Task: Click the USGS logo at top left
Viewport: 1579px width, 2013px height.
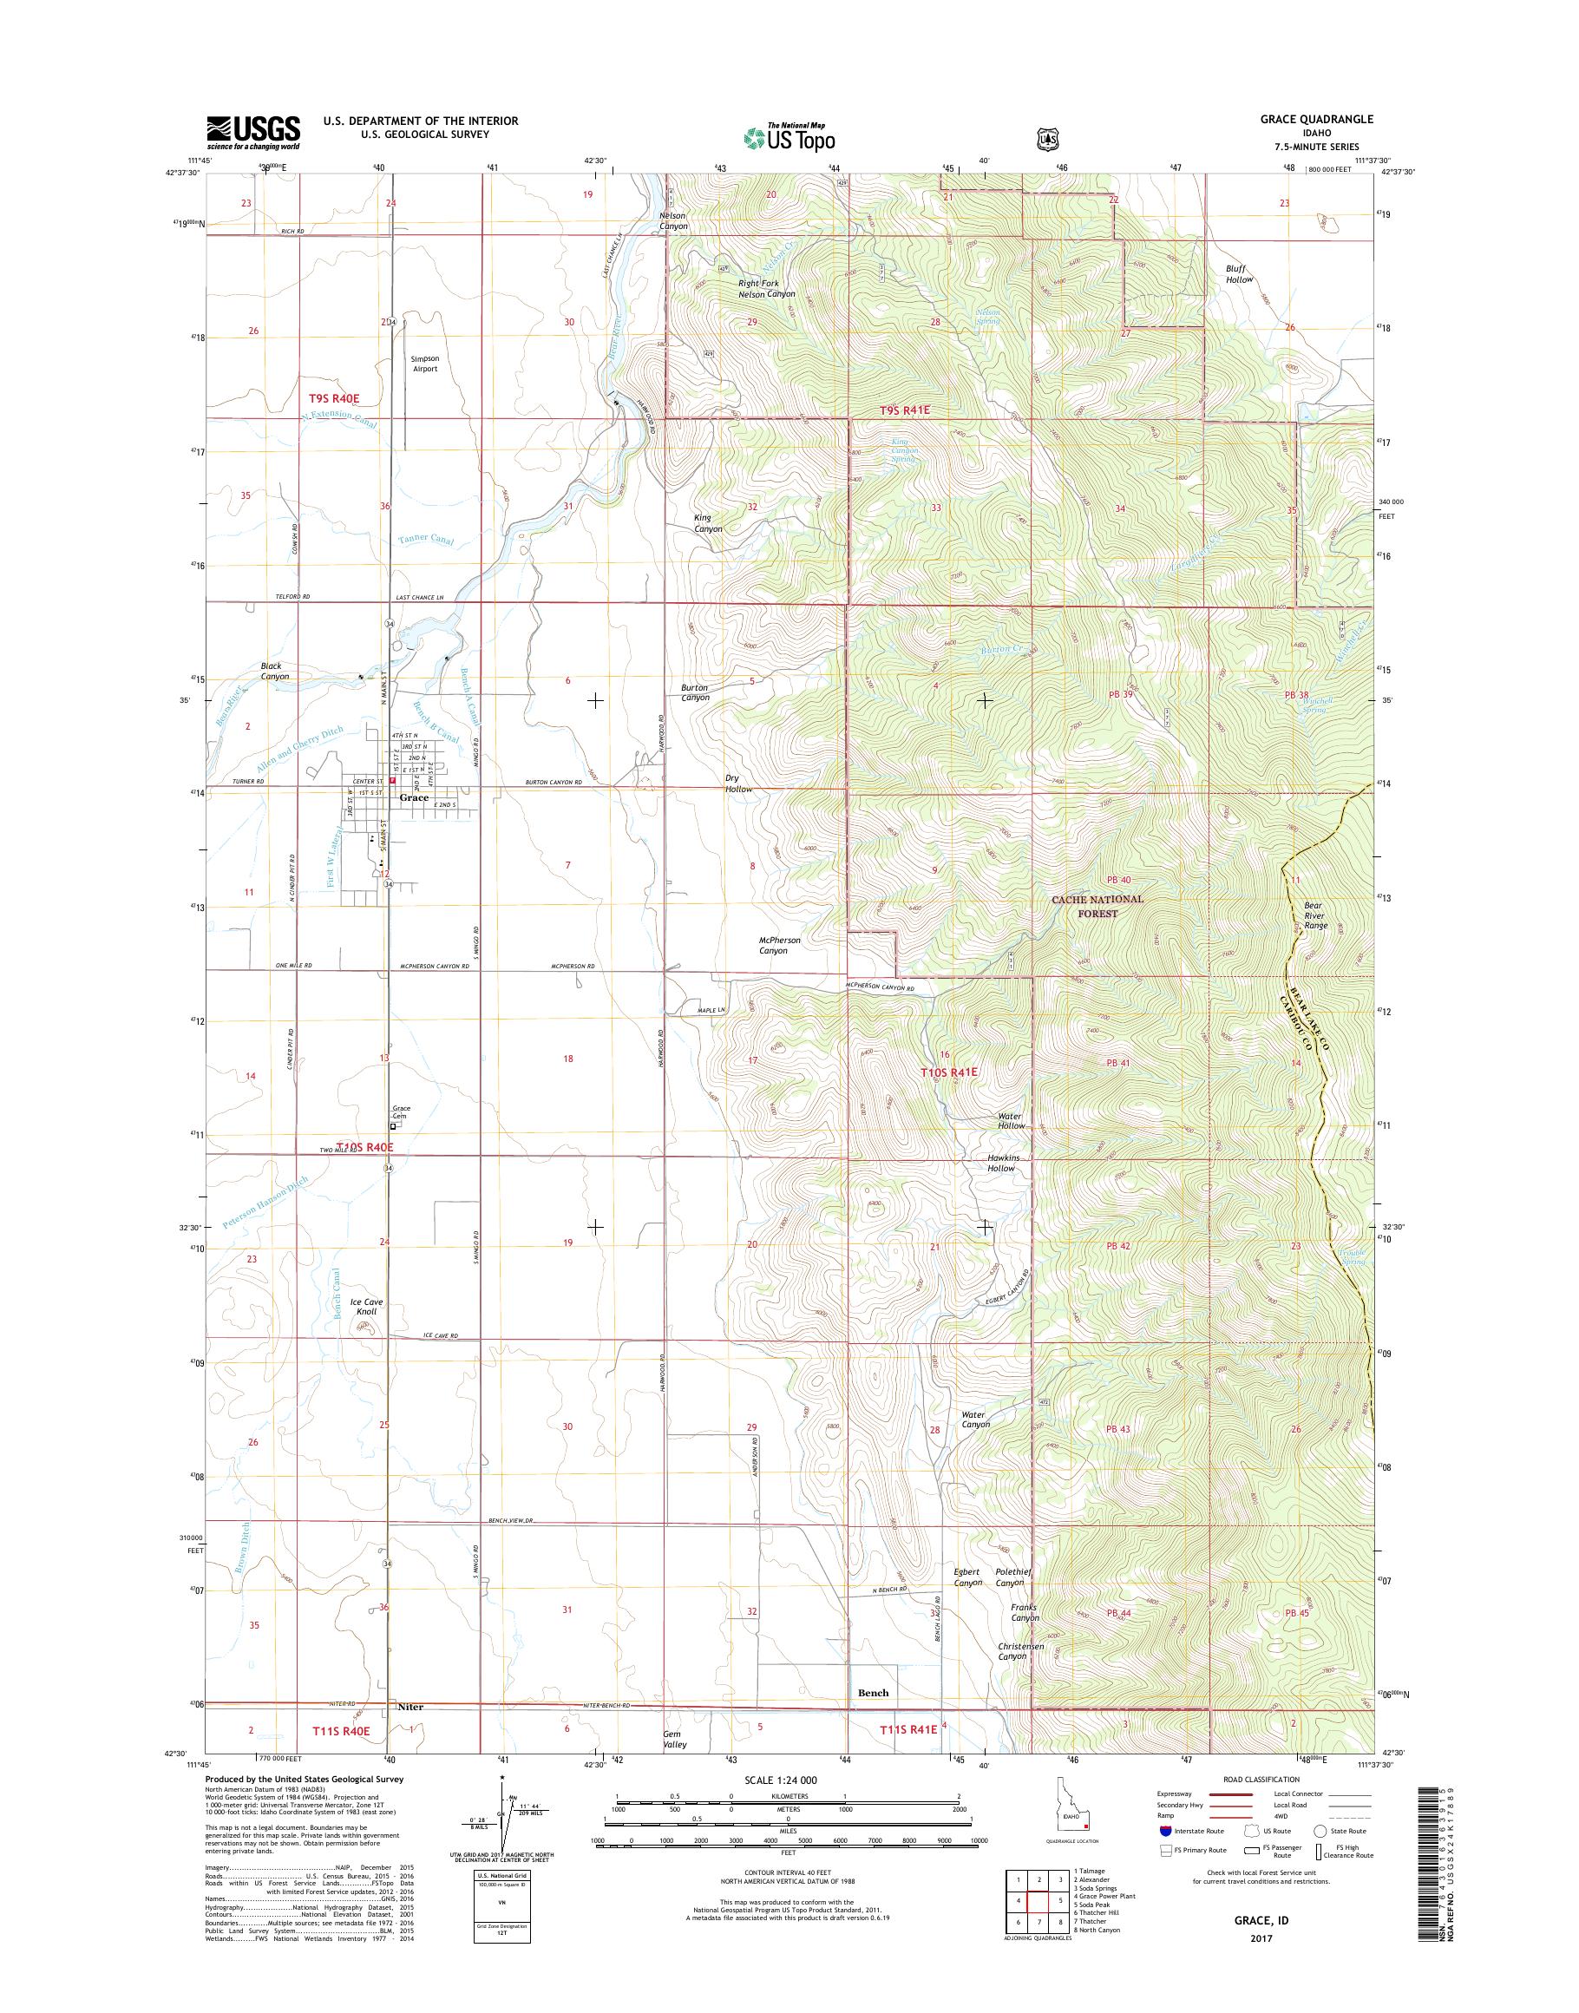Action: (252, 132)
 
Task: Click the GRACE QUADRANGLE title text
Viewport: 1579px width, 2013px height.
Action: (1323, 119)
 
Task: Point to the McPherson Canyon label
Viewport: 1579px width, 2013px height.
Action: (779, 945)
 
